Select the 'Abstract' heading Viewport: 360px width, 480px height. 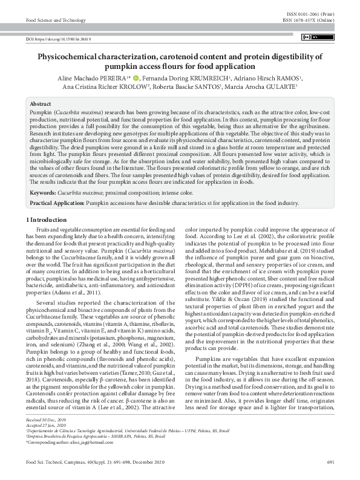[41, 104]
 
